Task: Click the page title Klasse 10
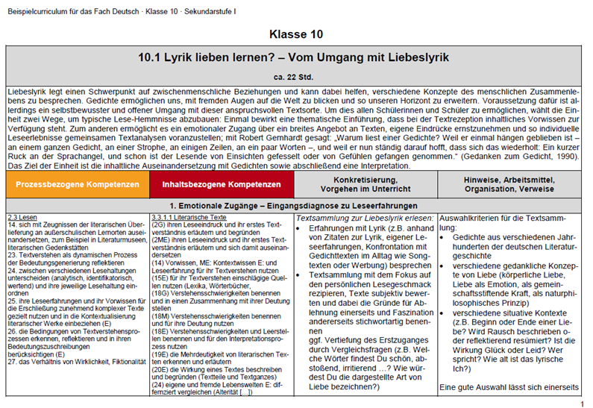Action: click(296, 34)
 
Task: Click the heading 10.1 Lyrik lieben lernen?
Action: click(296, 57)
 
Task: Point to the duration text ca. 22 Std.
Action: click(296, 76)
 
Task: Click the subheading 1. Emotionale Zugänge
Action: click(296, 204)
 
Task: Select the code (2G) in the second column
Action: click(158, 223)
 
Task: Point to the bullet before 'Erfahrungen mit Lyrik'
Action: click(301, 227)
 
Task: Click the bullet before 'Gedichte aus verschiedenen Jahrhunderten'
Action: click(445, 236)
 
